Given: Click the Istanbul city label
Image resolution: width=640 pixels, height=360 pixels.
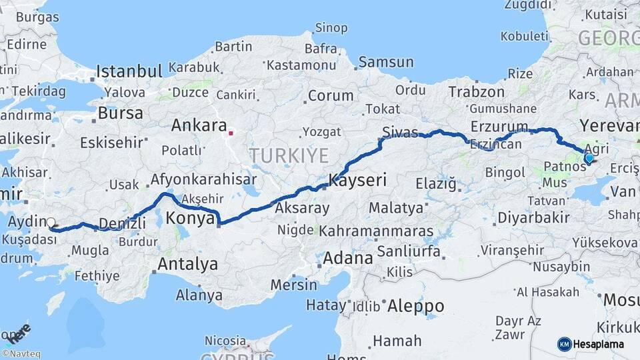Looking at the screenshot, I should (129, 71).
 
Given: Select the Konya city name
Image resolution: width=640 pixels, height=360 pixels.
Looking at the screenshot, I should (190, 218).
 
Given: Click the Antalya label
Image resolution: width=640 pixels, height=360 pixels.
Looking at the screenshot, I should (187, 264).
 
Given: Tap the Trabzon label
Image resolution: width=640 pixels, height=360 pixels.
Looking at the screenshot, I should (477, 92).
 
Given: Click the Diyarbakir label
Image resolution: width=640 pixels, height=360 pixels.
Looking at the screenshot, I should (533, 217).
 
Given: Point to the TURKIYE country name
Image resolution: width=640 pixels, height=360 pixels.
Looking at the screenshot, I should (289, 156).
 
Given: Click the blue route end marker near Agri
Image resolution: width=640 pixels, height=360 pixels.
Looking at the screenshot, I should (589, 158).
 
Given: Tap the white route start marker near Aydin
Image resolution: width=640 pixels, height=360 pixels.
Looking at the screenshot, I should (51, 223).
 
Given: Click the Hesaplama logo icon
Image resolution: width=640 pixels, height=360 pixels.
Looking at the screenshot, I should (564, 344).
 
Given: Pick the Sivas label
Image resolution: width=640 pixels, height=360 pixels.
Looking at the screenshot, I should (400, 131).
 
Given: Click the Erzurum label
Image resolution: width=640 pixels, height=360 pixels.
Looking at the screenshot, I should (499, 127).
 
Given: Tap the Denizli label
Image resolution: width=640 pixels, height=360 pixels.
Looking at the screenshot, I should (122, 223).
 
